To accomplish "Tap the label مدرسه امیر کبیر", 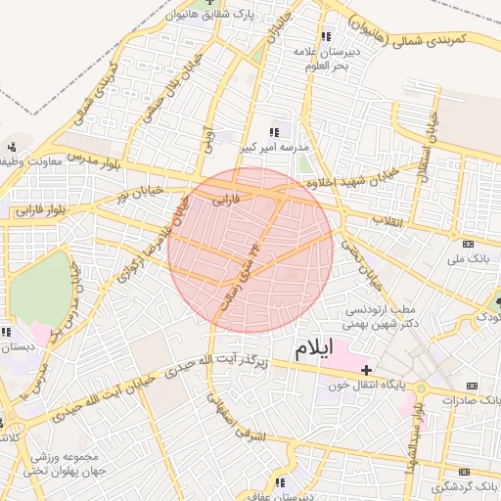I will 276,147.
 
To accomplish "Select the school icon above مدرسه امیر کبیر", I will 275,131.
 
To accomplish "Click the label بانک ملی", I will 466,258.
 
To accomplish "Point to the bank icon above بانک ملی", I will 468,243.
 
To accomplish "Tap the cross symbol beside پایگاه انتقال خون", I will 367,370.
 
